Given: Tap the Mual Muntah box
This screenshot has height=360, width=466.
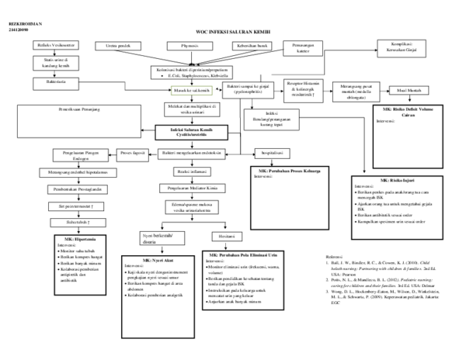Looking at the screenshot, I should click(410, 90).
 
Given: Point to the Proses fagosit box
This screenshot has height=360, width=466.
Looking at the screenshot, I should click(129, 152).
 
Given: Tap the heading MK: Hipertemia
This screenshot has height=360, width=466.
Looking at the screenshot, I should click(74, 240).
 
